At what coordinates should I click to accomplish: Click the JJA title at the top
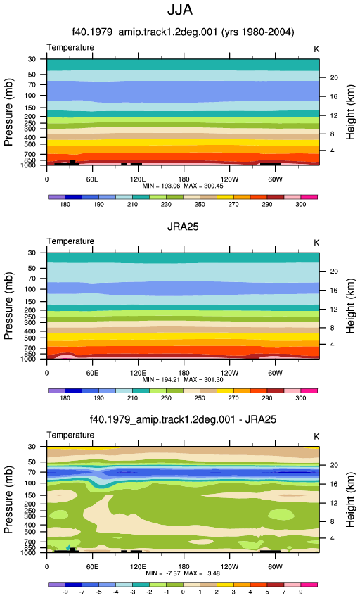click(180, 10)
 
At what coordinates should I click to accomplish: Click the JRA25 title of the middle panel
click(183, 227)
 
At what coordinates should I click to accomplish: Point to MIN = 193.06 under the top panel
click(162, 186)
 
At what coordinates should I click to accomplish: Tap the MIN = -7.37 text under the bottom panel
click(163, 573)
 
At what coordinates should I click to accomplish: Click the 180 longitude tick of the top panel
click(184, 179)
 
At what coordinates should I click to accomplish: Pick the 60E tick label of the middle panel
click(92, 373)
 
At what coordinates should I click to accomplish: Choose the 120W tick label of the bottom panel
click(229, 567)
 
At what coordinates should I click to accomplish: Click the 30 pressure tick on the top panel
click(32, 59)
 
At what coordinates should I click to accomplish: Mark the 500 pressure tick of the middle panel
click(30, 338)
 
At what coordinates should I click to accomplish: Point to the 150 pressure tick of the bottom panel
click(30, 495)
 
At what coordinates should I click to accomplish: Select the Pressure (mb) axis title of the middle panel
click(8, 305)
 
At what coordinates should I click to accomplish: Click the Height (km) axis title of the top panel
click(350, 112)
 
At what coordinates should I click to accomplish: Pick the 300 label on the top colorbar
click(300, 205)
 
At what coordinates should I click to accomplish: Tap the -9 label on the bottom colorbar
click(65, 592)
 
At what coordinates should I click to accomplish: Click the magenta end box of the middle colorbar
click(309, 391)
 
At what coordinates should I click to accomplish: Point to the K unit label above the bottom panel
click(316, 437)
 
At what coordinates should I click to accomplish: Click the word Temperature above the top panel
click(70, 47)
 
